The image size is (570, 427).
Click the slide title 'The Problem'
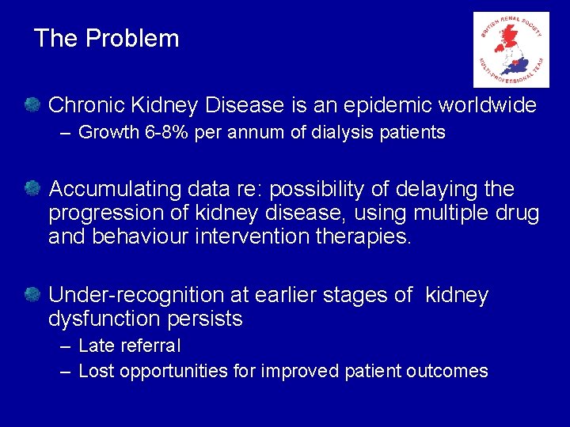pyautogui.click(x=107, y=38)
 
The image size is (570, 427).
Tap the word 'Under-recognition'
pyautogui.click(x=136, y=295)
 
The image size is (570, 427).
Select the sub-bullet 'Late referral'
pyautogui.click(x=130, y=346)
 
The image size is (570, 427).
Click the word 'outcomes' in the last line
pyautogui.click(x=454, y=371)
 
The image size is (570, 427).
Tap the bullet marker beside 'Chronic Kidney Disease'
pyautogui.click(x=32, y=104)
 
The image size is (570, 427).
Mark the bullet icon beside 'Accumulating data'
pyautogui.click(x=32, y=188)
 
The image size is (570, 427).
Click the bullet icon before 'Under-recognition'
pyautogui.click(x=32, y=294)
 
